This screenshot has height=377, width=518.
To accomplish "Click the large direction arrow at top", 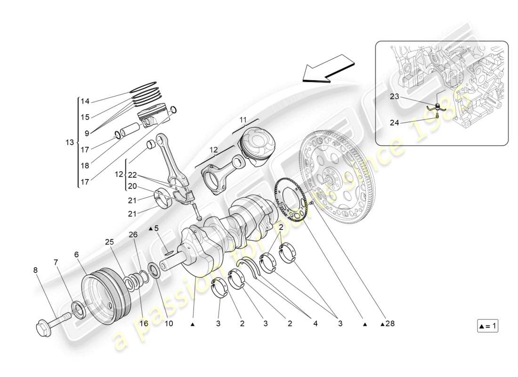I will (x=328, y=68).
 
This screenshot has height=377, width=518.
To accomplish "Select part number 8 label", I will (x=35, y=270).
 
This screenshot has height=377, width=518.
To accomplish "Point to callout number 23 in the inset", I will (x=395, y=97).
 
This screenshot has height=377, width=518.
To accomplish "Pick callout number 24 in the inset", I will (x=395, y=123).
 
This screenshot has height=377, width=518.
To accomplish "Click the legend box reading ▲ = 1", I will (x=487, y=326).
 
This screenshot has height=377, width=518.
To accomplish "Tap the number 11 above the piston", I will (x=242, y=121).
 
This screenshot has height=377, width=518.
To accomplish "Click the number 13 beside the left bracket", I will (x=70, y=142).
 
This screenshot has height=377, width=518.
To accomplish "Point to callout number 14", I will (x=85, y=101).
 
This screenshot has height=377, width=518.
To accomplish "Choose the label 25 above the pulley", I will (x=110, y=242).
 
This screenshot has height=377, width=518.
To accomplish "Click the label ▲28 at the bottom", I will (x=388, y=324).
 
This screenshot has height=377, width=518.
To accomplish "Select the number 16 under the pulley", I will (x=143, y=324).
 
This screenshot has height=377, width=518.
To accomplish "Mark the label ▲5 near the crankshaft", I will (x=154, y=229).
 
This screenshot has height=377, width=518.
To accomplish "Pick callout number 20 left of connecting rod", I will (x=132, y=186).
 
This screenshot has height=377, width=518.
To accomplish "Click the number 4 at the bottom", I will (x=314, y=324).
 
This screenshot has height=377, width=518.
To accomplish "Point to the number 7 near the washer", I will (x=56, y=262).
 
